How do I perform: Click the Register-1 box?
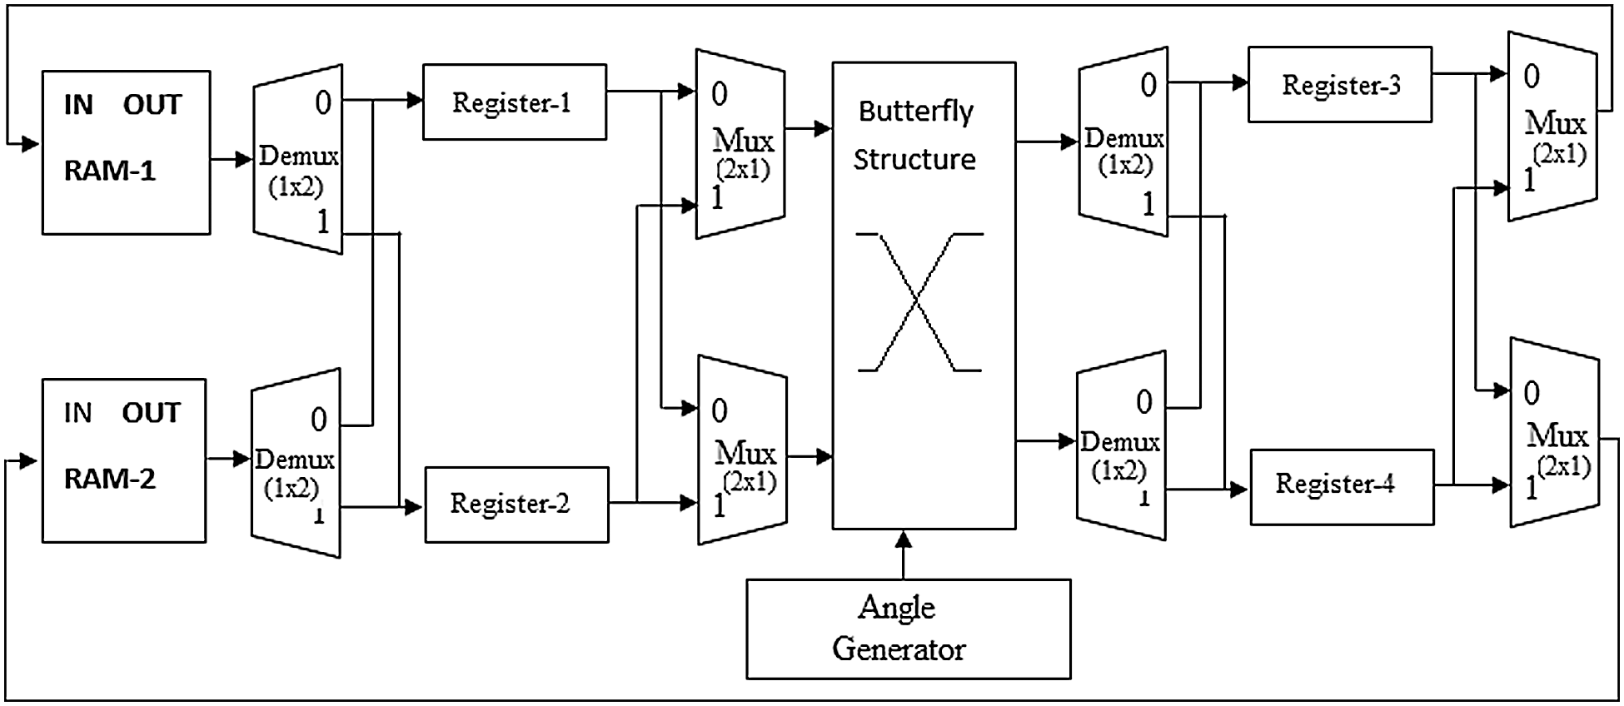coord(514,102)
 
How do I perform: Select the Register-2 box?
coord(516,505)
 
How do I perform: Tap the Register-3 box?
coord(1339,85)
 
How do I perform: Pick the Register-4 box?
coord(1341,486)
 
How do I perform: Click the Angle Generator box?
coord(908,629)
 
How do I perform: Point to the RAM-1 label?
coord(110,171)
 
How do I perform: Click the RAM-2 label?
coord(110,479)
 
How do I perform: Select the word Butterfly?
coord(915,111)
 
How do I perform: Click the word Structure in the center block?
coord(914,159)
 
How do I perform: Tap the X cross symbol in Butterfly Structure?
coord(919,301)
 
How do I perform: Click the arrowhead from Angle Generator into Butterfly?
coord(904,539)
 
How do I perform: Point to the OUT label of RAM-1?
coord(152,105)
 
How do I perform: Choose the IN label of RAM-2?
coord(77,413)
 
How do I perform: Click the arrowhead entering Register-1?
coord(415,101)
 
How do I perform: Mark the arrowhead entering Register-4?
coord(1240,490)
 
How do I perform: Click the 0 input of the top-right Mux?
coord(1532,77)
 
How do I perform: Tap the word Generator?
coord(899,649)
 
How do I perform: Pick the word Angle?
coord(897,609)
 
